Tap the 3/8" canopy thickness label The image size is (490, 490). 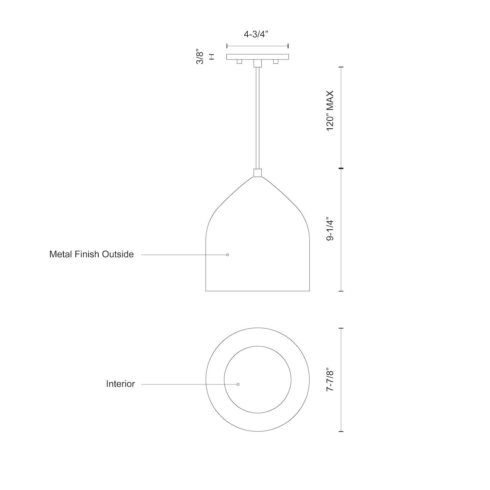(x=200, y=57)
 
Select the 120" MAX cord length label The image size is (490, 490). (x=330, y=111)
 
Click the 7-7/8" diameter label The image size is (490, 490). (x=330, y=379)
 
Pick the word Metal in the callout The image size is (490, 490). (x=60, y=254)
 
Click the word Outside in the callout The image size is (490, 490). (x=118, y=254)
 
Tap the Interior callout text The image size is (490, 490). (x=120, y=384)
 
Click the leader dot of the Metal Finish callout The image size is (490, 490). (x=228, y=255)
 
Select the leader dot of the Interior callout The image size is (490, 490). (x=238, y=384)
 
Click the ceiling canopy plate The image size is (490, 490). (x=257, y=57)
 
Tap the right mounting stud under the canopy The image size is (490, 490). (x=276, y=61)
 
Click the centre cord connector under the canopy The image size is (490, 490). (x=257, y=63)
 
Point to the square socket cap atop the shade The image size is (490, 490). (x=257, y=173)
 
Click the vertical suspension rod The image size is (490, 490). (x=257, y=118)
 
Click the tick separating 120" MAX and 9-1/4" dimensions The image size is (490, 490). (x=341, y=168)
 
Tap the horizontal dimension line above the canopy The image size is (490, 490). (x=257, y=46)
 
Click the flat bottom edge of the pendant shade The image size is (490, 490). (x=257, y=291)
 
